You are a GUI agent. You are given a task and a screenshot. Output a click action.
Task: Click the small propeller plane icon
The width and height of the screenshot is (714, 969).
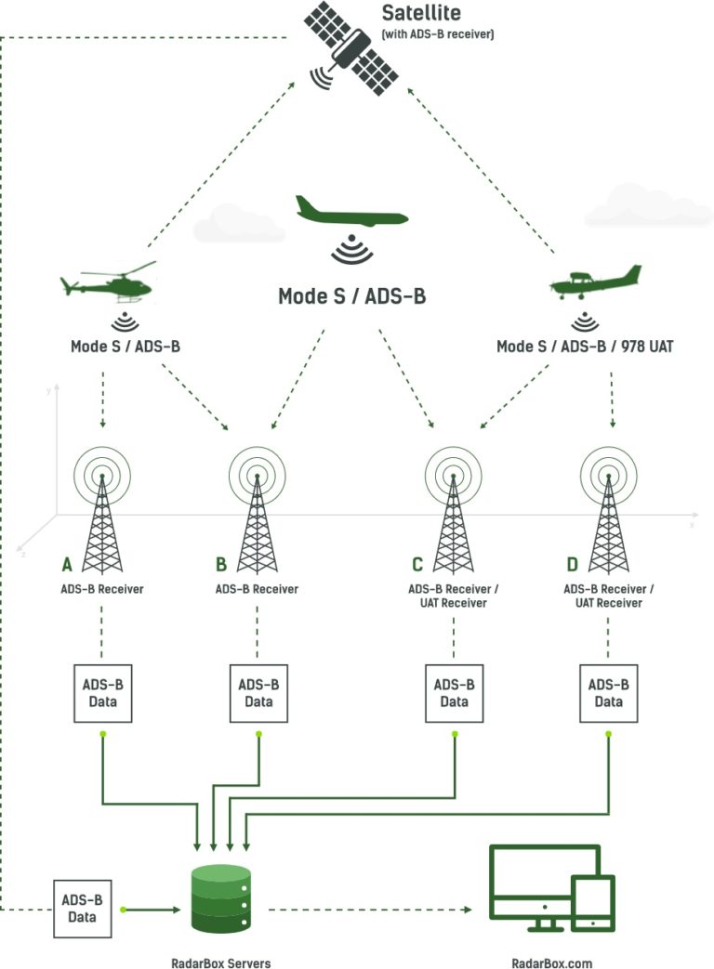596,281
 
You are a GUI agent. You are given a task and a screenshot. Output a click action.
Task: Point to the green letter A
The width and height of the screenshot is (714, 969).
67,564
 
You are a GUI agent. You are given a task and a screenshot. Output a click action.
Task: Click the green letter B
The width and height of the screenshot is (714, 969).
221,564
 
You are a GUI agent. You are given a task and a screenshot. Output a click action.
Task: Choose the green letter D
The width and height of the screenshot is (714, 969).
571,564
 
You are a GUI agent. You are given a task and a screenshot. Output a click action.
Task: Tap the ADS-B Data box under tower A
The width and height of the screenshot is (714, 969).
103,693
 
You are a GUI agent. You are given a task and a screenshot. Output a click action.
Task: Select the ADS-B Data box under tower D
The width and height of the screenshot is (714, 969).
608,693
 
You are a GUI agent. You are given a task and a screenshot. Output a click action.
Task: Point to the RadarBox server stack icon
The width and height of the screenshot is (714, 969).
221,897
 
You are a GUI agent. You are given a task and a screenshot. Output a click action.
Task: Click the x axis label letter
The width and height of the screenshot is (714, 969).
692,525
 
